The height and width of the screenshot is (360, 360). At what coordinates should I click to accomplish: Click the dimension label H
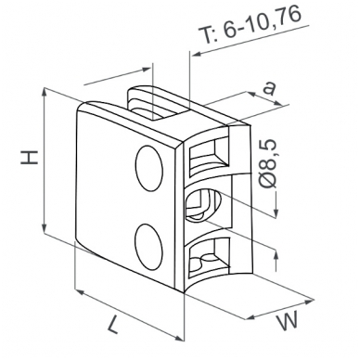(29, 157)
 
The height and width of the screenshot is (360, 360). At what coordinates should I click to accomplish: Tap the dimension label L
(113, 325)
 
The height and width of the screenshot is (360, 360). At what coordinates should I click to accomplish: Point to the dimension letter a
(269, 88)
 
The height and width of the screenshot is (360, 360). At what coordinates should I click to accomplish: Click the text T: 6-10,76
(249, 24)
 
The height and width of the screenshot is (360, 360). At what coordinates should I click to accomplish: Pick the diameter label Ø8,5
(267, 164)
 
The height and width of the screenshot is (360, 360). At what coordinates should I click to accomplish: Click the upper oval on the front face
(149, 168)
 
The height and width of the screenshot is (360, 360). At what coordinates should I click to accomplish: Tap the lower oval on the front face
(148, 246)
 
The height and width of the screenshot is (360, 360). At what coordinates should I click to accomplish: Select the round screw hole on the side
(203, 205)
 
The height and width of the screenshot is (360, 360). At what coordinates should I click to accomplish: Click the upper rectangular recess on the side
(210, 157)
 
